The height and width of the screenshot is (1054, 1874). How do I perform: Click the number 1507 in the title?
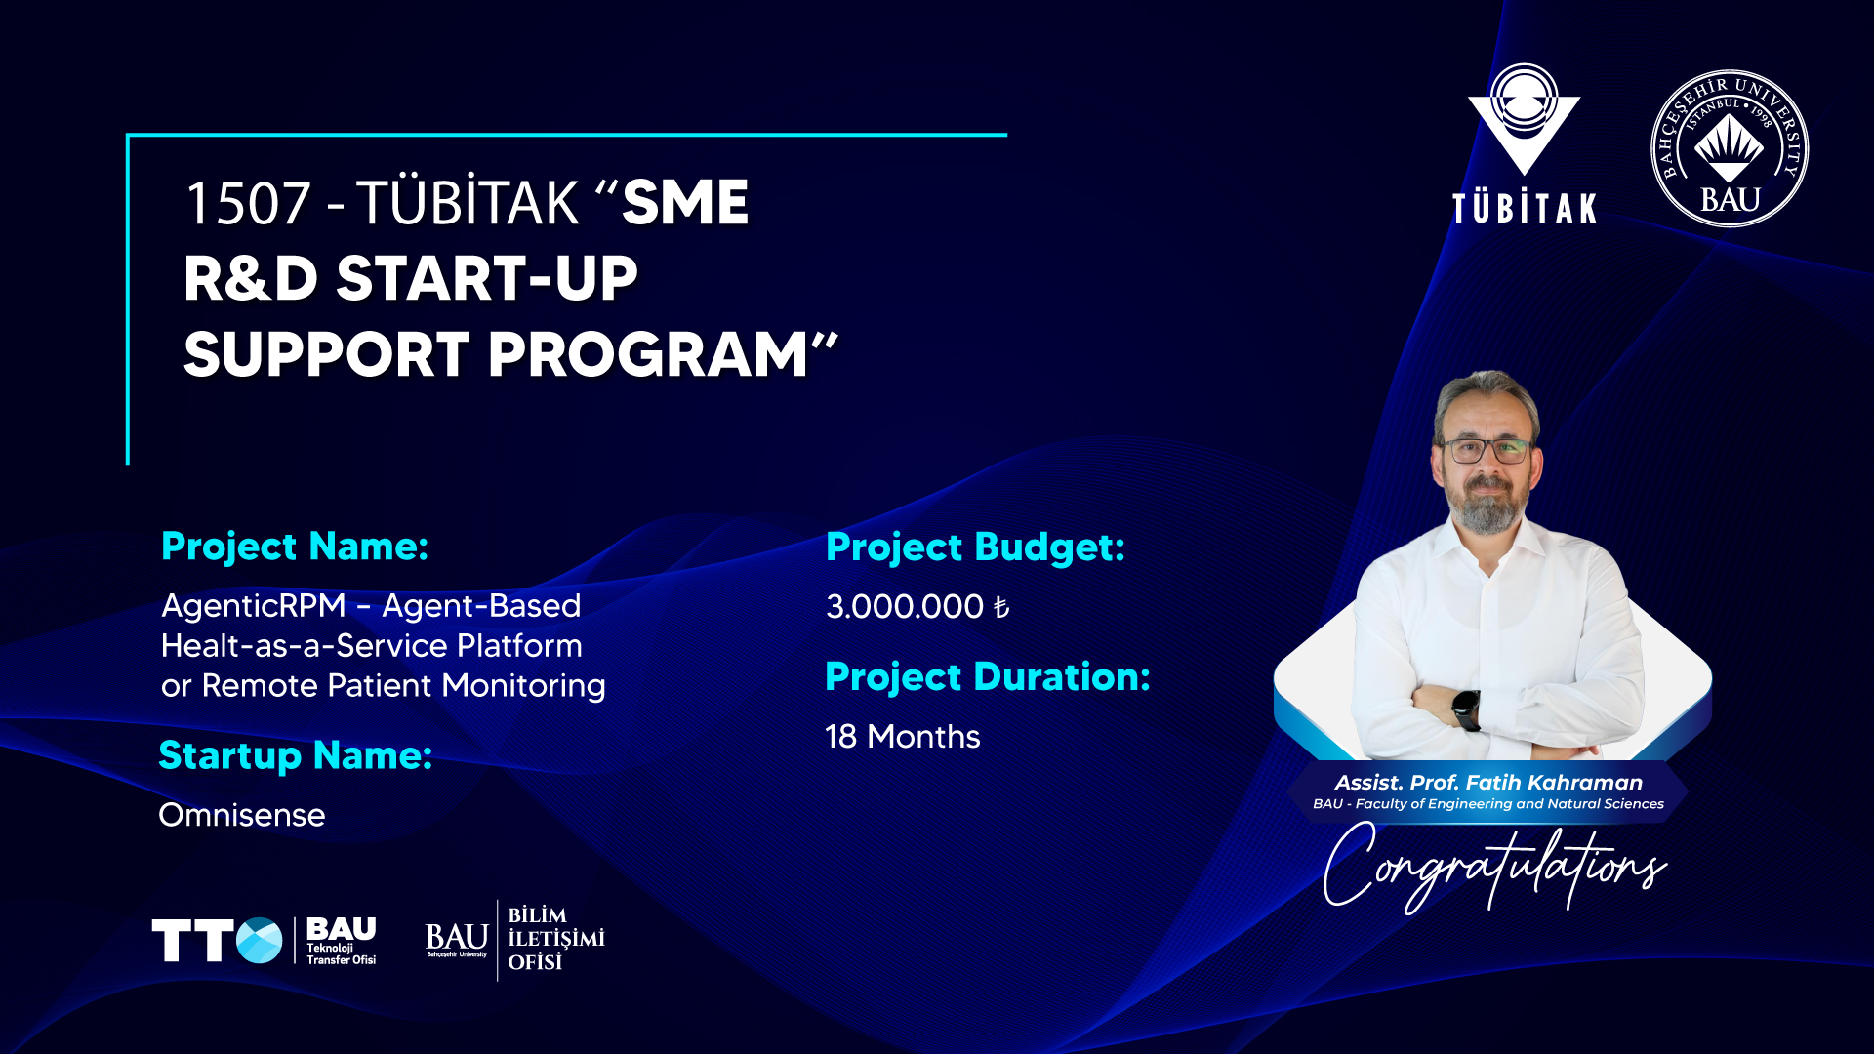248,203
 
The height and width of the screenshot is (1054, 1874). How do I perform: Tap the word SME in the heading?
685,203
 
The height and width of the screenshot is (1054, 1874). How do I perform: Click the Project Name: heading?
295,547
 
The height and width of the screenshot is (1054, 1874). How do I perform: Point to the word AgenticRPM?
254,606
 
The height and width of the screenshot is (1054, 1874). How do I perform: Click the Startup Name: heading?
296,755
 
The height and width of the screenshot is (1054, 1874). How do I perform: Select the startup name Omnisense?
242,815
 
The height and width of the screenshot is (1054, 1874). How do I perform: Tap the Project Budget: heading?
975,547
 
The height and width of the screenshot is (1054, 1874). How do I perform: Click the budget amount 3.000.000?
905,607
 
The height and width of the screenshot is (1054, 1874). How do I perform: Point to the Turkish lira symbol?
1000,607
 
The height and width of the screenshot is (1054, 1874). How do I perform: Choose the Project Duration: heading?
988,677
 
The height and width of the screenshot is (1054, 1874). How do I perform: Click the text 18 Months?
903,737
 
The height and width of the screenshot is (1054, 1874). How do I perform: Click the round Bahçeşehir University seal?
1730,148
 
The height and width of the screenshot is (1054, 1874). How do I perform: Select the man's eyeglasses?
1487,451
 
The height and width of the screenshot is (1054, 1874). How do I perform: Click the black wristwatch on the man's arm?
1466,709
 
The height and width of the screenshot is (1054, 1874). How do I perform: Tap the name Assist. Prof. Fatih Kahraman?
1488,783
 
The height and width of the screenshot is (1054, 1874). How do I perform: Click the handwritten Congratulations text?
1494,867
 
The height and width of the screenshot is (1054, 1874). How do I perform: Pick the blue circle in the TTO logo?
260,941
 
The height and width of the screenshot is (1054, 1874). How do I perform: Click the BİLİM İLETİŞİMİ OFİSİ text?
556,939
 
